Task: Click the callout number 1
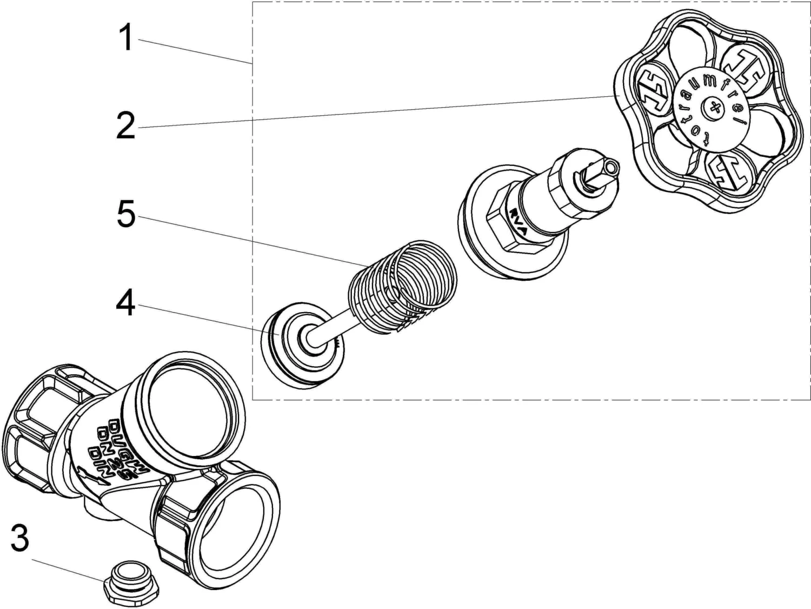(126, 38)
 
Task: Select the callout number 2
(125, 126)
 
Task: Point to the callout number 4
(125, 304)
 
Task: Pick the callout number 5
(125, 215)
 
